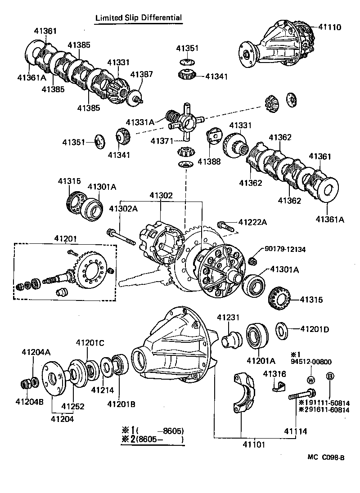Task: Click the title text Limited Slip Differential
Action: pyautogui.click(x=138, y=18)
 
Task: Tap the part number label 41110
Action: pyautogui.click(x=329, y=27)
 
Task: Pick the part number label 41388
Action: pyautogui.click(x=211, y=161)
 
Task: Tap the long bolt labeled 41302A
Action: pyautogui.click(x=121, y=237)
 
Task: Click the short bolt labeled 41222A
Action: pyautogui.click(x=224, y=225)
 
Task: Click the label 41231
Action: pyautogui.click(x=226, y=317)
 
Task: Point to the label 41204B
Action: pyautogui.click(x=29, y=402)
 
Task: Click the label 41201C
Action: pyautogui.click(x=90, y=343)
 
